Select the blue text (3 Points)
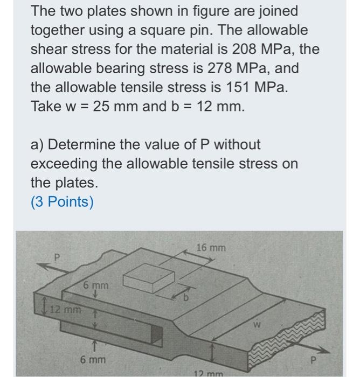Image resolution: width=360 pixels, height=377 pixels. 62,201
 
